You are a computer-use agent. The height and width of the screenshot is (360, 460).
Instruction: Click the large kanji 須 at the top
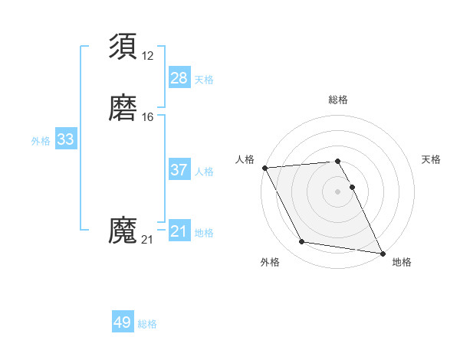click(x=124, y=47)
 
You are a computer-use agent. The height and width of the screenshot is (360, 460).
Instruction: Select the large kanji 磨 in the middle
click(x=124, y=109)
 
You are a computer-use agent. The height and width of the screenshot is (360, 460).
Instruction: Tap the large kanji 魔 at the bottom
click(x=124, y=231)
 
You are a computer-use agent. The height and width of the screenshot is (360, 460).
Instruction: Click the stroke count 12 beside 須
click(x=147, y=55)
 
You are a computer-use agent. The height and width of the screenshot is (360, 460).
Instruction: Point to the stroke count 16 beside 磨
click(x=147, y=117)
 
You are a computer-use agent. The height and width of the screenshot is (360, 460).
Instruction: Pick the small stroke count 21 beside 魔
click(x=147, y=240)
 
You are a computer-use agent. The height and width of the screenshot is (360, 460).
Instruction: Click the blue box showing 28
click(x=179, y=77)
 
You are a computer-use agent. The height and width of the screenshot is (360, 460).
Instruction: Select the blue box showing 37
click(x=179, y=170)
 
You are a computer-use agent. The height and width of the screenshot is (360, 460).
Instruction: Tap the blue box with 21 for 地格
click(x=179, y=231)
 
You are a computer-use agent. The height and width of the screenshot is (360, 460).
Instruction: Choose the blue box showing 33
click(x=65, y=139)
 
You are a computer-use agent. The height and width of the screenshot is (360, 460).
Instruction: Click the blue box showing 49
click(x=123, y=322)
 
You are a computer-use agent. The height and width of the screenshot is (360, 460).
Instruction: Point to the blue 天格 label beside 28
click(x=204, y=79)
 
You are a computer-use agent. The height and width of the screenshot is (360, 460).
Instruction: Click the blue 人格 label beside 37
click(x=204, y=172)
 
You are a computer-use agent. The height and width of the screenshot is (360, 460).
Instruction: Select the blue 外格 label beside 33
click(x=41, y=141)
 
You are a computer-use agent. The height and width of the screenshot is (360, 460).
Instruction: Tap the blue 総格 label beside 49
click(x=147, y=324)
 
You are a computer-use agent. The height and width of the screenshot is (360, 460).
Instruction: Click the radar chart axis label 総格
click(x=338, y=100)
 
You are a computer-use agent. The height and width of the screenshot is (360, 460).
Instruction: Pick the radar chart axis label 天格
click(x=431, y=159)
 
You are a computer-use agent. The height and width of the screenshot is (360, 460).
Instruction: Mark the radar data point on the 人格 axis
click(x=264, y=168)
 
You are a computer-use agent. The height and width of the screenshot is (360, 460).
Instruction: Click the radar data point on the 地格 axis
click(x=382, y=253)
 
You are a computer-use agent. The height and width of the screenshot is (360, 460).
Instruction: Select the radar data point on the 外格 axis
click(x=302, y=242)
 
